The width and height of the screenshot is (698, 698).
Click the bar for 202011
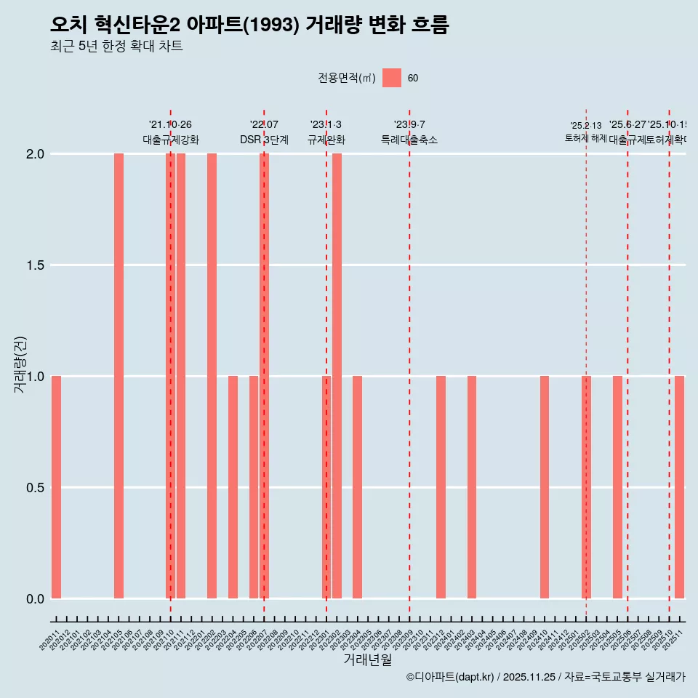(56, 487)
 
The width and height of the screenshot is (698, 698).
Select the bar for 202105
(119, 376)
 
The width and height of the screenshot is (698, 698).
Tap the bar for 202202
(212, 376)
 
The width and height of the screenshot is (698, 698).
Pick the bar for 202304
(357, 487)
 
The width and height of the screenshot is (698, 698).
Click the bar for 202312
(441, 487)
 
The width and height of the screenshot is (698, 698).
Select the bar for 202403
(472, 487)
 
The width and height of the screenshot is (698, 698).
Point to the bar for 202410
(545, 487)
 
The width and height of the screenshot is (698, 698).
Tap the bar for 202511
(679, 487)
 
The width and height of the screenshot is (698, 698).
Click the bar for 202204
(233, 487)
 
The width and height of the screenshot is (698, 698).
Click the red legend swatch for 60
(392, 78)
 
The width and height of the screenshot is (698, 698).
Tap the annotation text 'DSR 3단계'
(264, 140)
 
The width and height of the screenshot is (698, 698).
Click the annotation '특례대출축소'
(409, 140)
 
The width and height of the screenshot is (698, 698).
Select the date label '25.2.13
(586, 126)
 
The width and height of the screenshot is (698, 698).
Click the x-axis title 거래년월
(367, 659)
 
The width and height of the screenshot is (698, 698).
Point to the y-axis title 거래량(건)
(20, 364)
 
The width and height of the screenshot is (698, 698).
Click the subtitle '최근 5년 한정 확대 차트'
(116, 47)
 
